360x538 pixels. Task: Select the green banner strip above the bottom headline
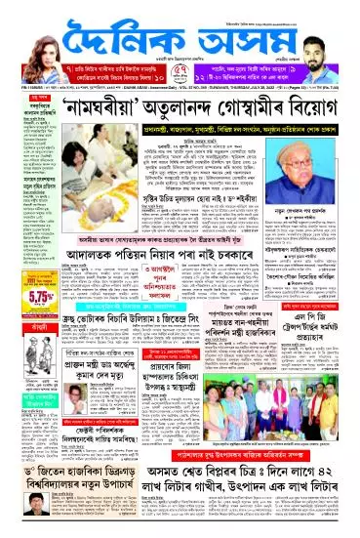click(x=268, y=481)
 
